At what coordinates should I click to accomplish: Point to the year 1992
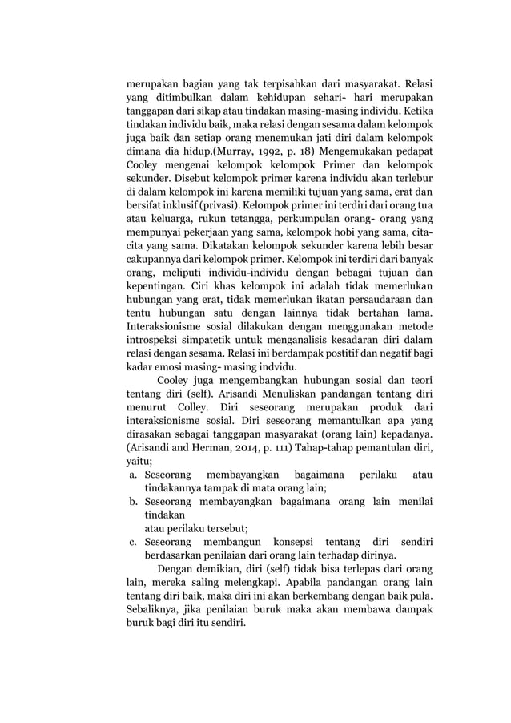pyautogui.click(x=264, y=150)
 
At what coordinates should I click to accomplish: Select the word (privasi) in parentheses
pyautogui.click(x=211, y=204)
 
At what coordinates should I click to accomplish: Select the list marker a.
pyautogui.click(x=132, y=475)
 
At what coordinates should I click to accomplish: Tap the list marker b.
pyautogui.click(x=132, y=503)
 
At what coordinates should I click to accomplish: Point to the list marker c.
pyautogui.click(x=132, y=543)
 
